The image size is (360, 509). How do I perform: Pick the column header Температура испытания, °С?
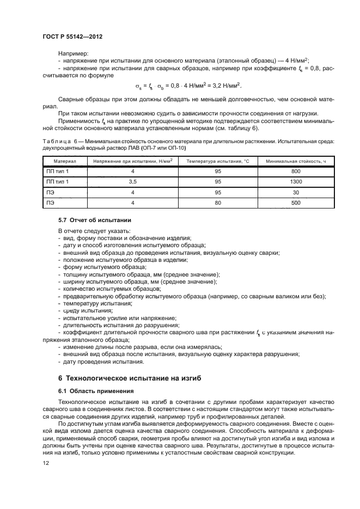217,162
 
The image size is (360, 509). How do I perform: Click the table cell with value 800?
296,171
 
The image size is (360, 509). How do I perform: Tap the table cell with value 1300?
296,181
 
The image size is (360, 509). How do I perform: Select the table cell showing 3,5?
132,181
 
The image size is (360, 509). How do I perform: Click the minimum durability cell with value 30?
296,192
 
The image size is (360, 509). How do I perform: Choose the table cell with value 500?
296,203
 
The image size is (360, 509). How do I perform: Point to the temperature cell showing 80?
217,203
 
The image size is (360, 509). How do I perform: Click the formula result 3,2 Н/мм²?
223,86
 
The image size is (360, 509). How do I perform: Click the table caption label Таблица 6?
59,140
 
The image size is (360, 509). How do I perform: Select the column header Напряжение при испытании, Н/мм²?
132,162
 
